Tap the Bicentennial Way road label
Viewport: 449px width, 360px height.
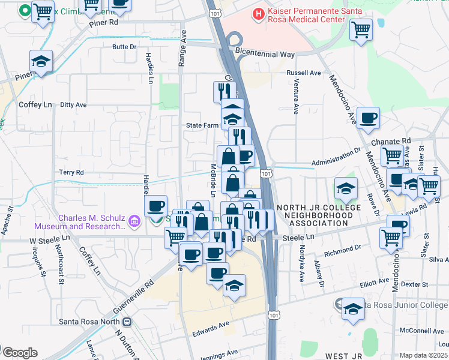[265, 54]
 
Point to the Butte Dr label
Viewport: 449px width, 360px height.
[124, 46]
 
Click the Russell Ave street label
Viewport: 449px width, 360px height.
[304, 73]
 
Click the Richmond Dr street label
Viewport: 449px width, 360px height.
[342, 247]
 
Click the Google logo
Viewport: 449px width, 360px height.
[19, 353]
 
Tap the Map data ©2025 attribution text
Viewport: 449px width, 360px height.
[424, 355]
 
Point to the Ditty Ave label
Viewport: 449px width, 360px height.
[73, 104]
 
